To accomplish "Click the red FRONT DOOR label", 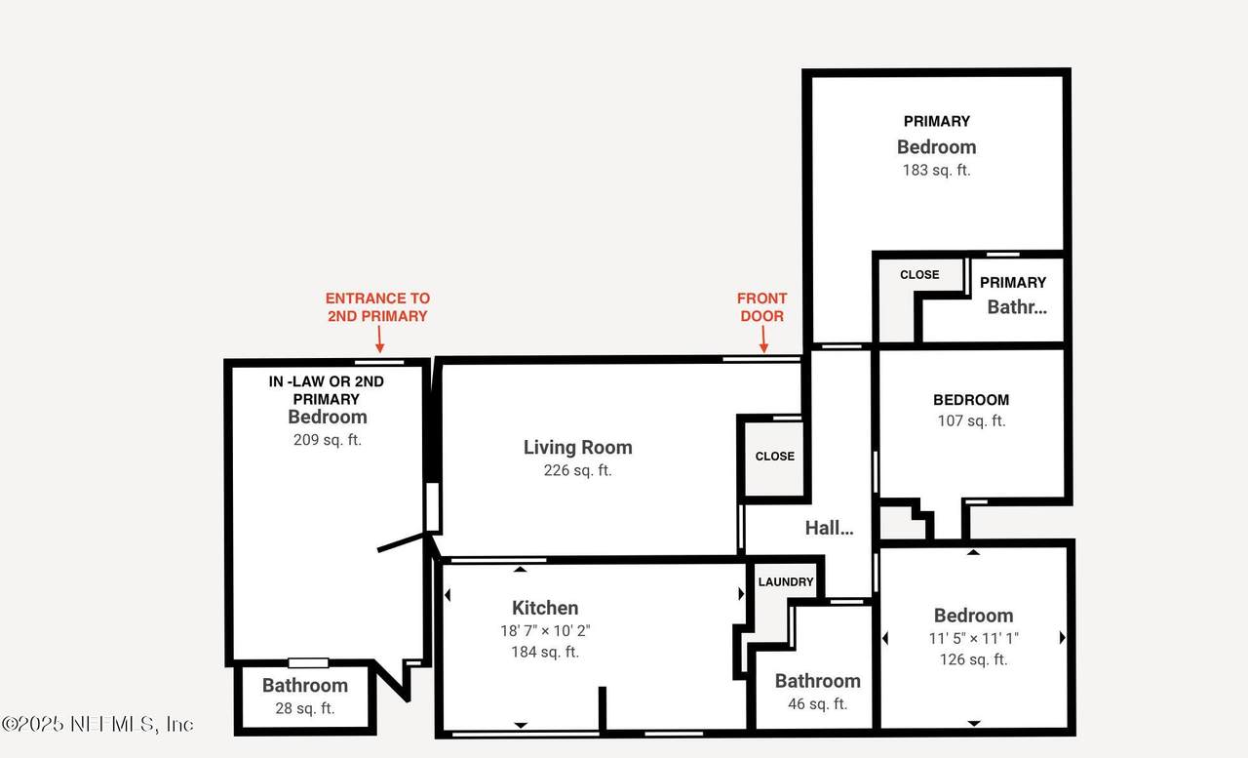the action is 761,307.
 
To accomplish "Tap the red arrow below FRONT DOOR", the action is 763,339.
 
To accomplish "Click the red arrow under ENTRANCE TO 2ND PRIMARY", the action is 379,339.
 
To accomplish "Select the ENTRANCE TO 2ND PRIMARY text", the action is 377,307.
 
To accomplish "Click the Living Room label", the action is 578,447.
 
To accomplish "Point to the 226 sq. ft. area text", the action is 578,470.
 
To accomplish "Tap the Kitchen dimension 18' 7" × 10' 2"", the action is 545,630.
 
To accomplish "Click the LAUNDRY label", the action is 786,581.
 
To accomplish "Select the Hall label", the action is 829,528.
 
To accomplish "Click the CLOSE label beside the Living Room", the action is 775,456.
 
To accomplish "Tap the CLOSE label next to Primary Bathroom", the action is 919,275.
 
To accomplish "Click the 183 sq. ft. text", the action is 937,170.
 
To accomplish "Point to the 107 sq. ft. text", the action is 971,420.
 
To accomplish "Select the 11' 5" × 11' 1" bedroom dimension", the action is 973,638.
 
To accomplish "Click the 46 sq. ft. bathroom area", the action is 817,704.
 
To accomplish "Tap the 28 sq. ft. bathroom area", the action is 305,708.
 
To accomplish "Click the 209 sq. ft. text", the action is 328,440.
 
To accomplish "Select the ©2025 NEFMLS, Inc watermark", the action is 97,724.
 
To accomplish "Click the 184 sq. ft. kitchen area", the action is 545,652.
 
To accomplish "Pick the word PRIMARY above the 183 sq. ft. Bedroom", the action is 937,121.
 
